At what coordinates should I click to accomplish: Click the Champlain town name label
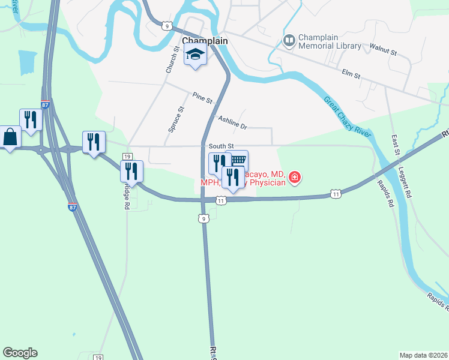coord(205,40)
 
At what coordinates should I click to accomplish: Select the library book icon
coord(289,41)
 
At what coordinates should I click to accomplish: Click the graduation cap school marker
coord(194,55)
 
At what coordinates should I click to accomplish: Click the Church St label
coord(169,61)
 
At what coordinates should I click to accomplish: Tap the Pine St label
coord(203,97)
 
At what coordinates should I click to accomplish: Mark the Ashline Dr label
coord(233,122)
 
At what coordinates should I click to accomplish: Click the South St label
coord(221,146)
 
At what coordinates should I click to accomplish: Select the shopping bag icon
coord(10,137)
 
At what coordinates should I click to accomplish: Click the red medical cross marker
coord(295,177)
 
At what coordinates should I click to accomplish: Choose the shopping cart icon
coord(238,160)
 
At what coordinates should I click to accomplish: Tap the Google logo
coord(20,353)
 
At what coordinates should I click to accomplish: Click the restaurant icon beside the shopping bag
coord(29,119)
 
